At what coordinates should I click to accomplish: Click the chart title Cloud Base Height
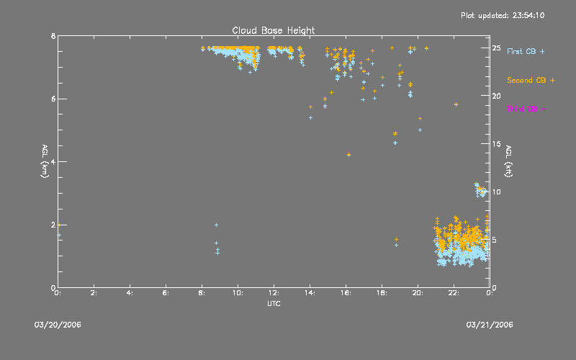pyautogui.click(x=273, y=30)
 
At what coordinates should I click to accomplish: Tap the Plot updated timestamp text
pyautogui.click(x=502, y=15)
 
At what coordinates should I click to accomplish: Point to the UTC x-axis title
pyautogui.click(x=273, y=306)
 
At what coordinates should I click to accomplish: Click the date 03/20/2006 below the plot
pyautogui.click(x=58, y=325)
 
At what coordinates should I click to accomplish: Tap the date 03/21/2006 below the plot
pyautogui.click(x=490, y=325)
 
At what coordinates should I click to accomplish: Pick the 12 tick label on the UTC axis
pyautogui.click(x=274, y=293)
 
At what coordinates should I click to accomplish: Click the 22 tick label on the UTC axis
pyautogui.click(x=454, y=293)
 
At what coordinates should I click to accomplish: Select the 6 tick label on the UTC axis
pyautogui.click(x=166, y=293)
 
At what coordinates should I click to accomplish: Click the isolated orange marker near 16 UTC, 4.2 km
pyautogui.click(x=348, y=155)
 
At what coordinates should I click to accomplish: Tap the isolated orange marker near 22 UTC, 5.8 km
pyautogui.click(x=456, y=104)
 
